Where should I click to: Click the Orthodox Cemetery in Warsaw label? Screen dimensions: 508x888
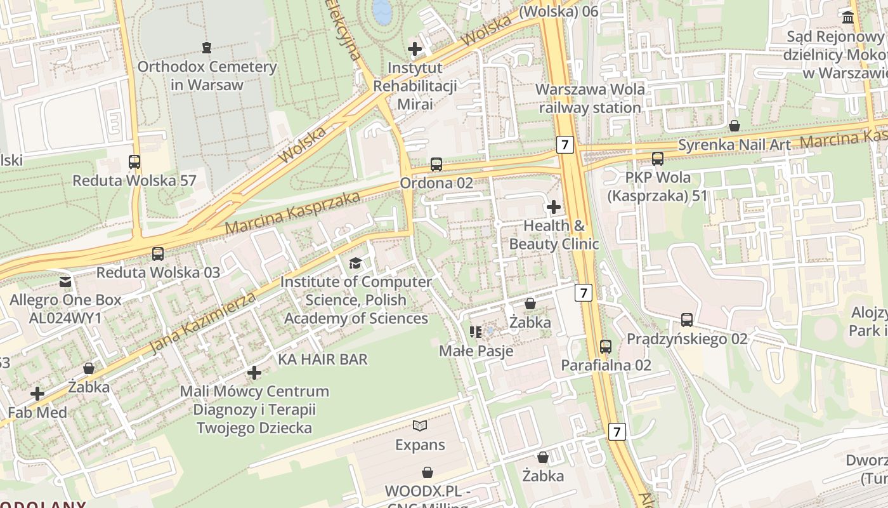207,76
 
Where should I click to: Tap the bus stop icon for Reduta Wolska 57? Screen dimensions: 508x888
134,161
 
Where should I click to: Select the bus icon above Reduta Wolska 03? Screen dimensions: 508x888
158,254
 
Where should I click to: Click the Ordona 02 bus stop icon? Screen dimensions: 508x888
436,164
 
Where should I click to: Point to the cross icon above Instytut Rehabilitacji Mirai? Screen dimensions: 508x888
415,49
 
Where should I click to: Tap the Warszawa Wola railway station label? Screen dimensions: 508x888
590,98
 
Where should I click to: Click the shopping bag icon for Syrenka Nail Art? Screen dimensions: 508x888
735,126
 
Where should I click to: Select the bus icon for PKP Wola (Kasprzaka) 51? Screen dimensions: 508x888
658,159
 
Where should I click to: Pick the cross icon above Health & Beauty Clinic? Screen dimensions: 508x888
554,207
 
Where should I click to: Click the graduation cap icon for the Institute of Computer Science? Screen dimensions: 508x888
356,263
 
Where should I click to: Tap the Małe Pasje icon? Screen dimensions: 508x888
476,332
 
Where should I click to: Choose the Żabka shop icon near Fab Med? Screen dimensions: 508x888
89,368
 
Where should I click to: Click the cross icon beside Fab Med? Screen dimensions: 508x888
37,394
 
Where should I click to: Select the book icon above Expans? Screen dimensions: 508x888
420,425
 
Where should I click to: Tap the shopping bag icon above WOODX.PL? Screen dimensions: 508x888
428,472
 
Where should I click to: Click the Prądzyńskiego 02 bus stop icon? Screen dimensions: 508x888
687,320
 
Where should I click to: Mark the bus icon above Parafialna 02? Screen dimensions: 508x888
606,347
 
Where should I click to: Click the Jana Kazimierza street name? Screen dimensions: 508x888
204,323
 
